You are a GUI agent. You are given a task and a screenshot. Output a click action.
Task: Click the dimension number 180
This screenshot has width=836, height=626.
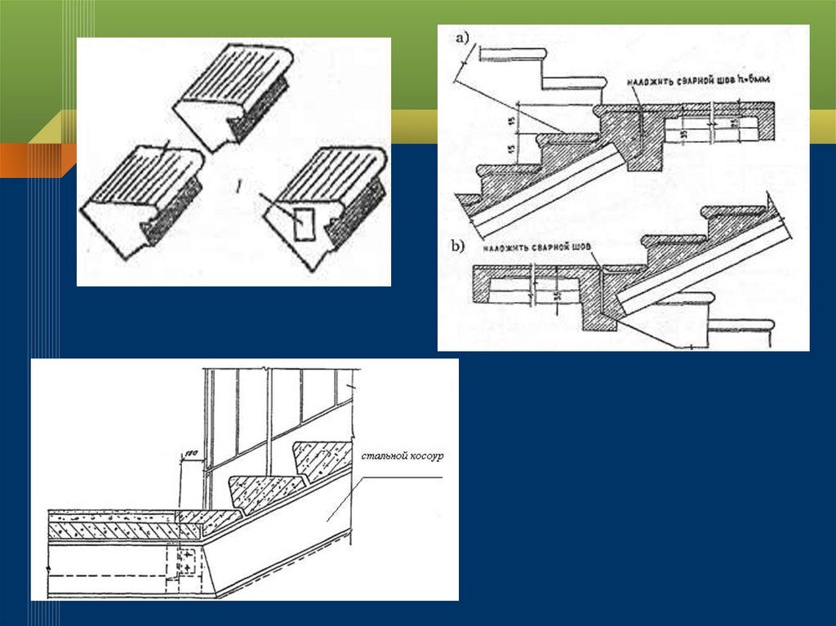(189, 455)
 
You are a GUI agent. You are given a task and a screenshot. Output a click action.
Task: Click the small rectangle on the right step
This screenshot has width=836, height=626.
(301, 224)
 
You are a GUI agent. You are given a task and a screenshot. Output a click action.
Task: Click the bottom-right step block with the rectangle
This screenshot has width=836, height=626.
(327, 204)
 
